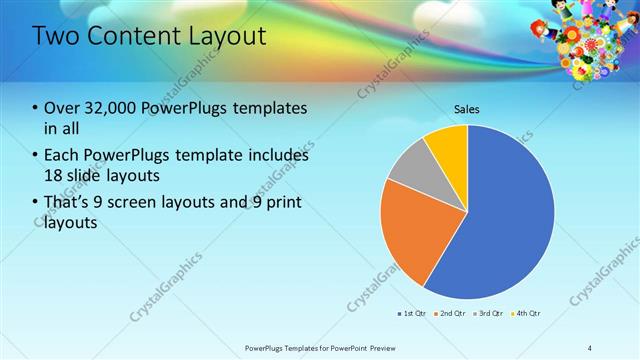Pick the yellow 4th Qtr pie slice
coord(447,147)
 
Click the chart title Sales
coord(467,108)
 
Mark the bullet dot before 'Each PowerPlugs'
coord(36,155)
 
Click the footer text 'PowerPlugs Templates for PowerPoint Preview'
coord(321,347)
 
